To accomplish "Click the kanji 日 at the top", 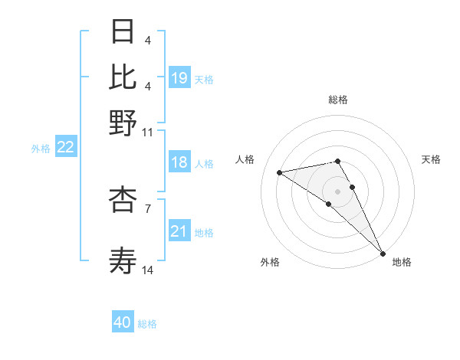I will click(x=123, y=34).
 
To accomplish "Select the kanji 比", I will click(x=123, y=77).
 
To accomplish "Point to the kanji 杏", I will click(x=123, y=199).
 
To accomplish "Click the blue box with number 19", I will click(x=179, y=78).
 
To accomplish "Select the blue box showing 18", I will click(x=179, y=163).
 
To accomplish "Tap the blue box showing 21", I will click(x=179, y=231).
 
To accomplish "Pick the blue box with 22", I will click(x=65, y=148).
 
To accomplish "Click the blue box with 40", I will click(x=123, y=322).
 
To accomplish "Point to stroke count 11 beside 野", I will click(x=148, y=132).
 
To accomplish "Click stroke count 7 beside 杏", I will click(x=148, y=207).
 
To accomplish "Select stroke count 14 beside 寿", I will click(x=148, y=270).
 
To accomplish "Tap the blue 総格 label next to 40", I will click(x=147, y=324).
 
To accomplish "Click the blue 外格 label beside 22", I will click(x=41, y=149).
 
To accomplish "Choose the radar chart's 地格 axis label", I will click(x=402, y=262).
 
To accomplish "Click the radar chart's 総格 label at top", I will click(x=338, y=100).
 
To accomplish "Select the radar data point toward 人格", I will click(x=280, y=172).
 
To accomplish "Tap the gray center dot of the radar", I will click(x=338, y=190).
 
